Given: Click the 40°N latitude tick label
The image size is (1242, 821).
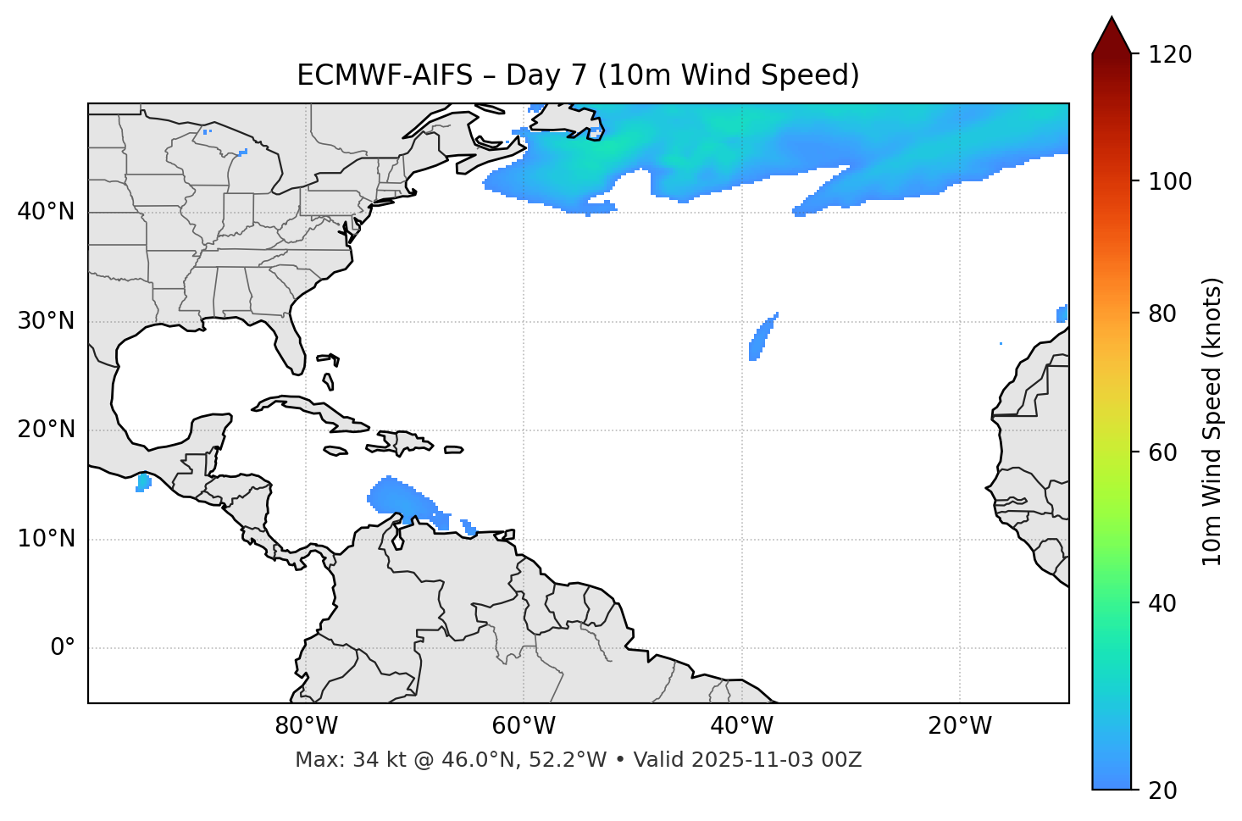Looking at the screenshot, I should click(x=47, y=212).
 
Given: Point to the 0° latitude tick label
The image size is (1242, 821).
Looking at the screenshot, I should click(x=63, y=648).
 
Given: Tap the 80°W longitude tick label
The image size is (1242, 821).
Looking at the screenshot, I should click(x=306, y=726).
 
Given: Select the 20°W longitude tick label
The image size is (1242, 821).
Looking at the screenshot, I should click(x=960, y=726).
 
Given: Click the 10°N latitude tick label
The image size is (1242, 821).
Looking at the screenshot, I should click(x=47, y=539).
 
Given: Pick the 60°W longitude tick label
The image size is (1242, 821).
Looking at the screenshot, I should click(x=524, y=726).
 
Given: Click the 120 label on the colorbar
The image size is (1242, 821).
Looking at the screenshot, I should click(x=1170, y=55).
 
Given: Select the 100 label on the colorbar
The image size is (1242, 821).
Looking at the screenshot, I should click(x=1170, y=181).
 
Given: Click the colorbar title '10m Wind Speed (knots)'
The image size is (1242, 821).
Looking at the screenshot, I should click(x=1212, y=421).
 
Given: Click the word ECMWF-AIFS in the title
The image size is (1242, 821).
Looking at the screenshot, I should click(x=385, y=75).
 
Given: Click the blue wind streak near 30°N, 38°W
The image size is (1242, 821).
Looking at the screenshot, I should click(x=760, y=337).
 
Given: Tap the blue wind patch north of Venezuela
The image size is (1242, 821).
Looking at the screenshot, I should click(x=398, y=500).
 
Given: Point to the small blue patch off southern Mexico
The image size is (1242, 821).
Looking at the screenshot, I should click(x=143, y=483).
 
